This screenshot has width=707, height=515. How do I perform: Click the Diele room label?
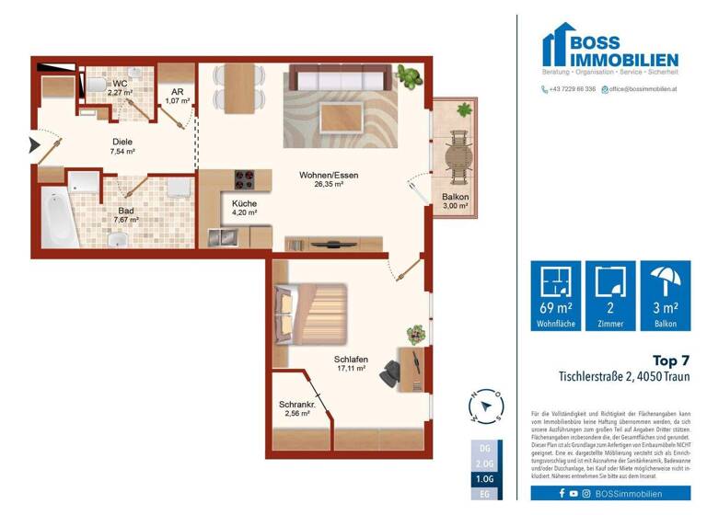pos(122,142)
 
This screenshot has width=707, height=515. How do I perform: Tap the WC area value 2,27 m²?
pos(122,93)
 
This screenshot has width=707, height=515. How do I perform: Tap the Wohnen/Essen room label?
pos(320,174)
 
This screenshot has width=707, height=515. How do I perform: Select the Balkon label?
pos(455,198)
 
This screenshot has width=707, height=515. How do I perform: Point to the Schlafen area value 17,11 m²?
pos(352,369)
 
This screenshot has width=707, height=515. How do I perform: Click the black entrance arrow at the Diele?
pos(35,144)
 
